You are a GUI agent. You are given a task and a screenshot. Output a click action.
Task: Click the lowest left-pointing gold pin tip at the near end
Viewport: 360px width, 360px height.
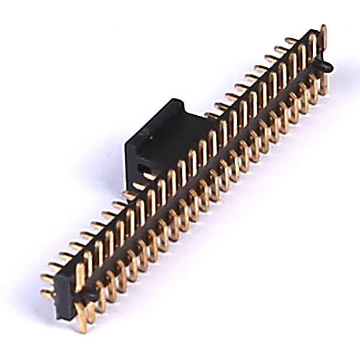pyautogui.click(x=45, y=295)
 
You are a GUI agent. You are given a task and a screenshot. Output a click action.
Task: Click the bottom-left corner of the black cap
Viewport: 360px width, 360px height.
pyautogui.click(x=128, y=187)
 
